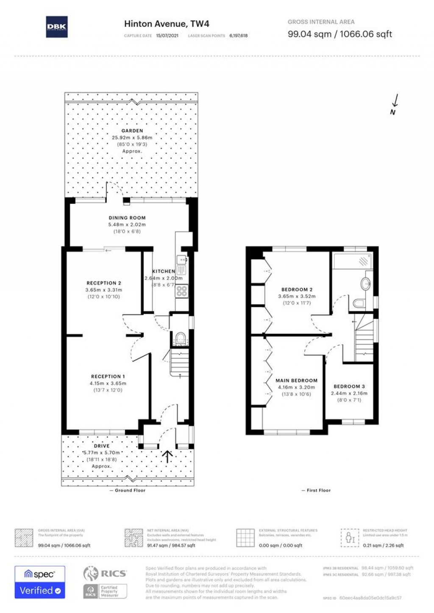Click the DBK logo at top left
[x=56, y=27]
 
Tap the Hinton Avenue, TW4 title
[x=166, y=24]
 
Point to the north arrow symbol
[x=395, y=104]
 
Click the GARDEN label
[x=132, y=131]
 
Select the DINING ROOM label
[x=127, y=218]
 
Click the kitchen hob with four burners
[x=182, y=291]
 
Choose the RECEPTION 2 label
[x=104, y=283]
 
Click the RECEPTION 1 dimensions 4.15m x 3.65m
[x=108, y=383]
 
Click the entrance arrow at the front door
[x=167, y=456]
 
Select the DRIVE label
[x=101, y=446]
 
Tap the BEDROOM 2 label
[x=297, y=290]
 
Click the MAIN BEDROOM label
[x=296, y=380]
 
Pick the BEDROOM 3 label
[x=349, y=386]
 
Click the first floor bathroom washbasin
[x=365, y=283]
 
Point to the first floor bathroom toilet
[x=359, y=303]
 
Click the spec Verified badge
[x=40, y=582]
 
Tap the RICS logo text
[x=113, y=574]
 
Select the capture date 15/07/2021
[x=167, y=36]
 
